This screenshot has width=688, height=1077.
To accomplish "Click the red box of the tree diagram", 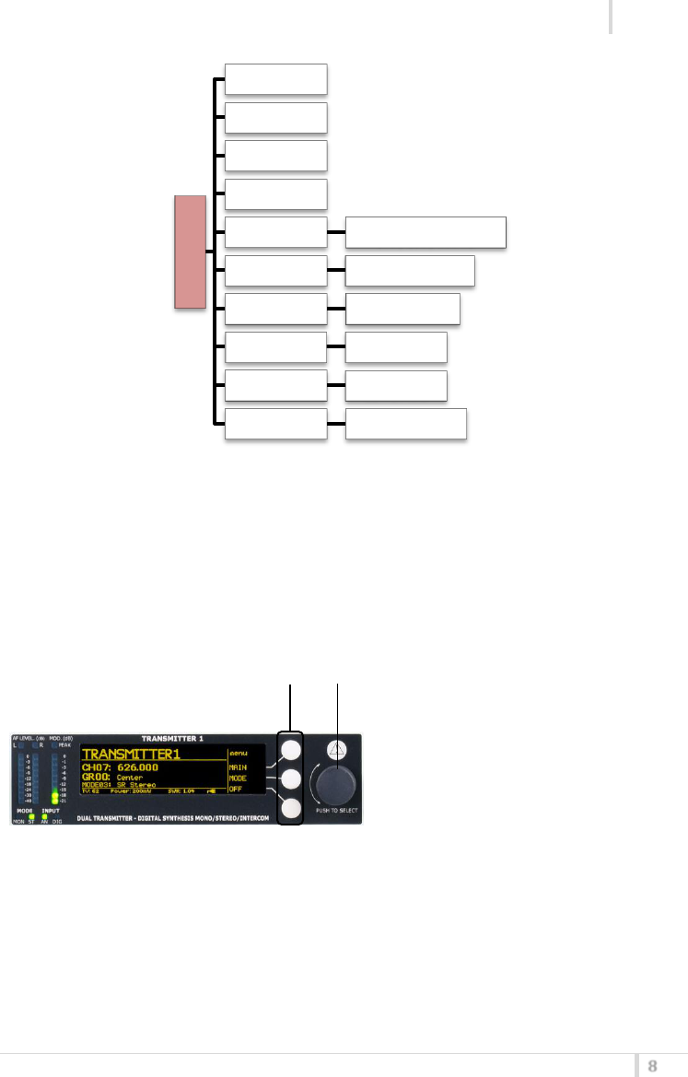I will point(190,252).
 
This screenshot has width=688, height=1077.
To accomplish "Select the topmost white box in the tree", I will point(276,79).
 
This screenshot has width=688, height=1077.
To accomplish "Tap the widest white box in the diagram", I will point(426,233).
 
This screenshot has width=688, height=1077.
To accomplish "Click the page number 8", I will point(653,1066).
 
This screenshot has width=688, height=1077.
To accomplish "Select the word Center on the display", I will point(136,778).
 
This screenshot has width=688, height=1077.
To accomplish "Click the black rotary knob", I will point(337,784).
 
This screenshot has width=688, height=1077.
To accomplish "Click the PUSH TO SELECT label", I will point(338,810).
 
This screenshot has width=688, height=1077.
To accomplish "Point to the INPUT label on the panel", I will point(52,811).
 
